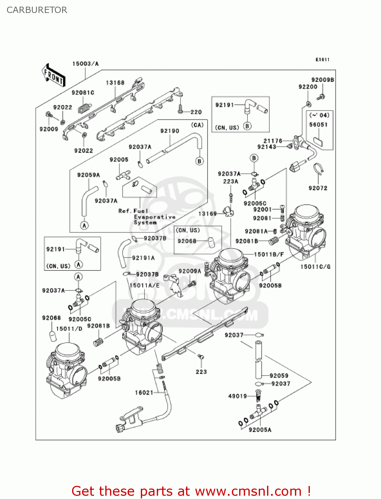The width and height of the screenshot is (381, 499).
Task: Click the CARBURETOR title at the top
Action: point(37,10)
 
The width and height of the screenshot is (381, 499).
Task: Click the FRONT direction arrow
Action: point(53,76)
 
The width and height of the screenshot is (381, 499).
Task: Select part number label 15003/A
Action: point(85,64)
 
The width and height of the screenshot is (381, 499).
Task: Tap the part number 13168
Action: point(115,83)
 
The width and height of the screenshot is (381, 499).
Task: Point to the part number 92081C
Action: point(83,92)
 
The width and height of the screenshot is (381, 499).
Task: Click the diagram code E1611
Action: point(322,60)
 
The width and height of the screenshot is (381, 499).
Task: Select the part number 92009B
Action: point(322,80)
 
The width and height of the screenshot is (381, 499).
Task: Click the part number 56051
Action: point(318,124)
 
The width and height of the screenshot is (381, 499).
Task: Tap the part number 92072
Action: point(318,188)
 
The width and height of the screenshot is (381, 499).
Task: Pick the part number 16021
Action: point(144,393)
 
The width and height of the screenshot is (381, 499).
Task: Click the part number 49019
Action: point(238,396)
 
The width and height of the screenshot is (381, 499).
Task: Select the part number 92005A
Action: point(260,430)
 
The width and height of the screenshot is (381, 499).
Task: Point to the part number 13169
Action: point(207,214)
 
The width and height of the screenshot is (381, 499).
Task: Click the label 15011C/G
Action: point(315,266)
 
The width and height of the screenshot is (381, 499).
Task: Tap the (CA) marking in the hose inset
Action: point(197,125)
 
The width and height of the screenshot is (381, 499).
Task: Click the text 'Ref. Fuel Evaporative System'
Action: point(146,217)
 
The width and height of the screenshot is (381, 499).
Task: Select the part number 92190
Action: point(169,131)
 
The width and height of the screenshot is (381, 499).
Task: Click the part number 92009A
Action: point(190,271)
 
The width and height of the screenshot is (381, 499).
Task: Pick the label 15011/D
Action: point(69,329)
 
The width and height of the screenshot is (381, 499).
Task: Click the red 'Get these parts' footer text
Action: point(191,491)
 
